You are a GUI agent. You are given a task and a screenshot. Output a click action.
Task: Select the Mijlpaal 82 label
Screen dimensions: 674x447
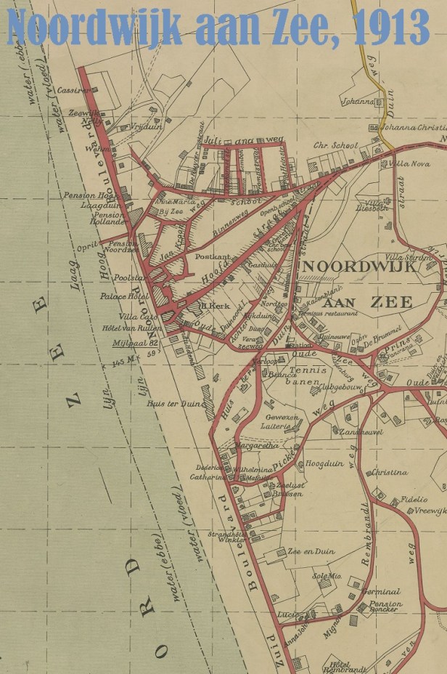135,344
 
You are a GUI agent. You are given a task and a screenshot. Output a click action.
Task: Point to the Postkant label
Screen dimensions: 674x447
212,257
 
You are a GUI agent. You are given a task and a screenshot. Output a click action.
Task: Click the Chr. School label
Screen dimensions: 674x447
335,145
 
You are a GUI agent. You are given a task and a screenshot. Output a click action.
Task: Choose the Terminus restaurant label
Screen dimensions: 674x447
332,313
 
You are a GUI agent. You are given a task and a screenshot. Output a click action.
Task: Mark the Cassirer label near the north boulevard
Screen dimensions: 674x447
75,90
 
